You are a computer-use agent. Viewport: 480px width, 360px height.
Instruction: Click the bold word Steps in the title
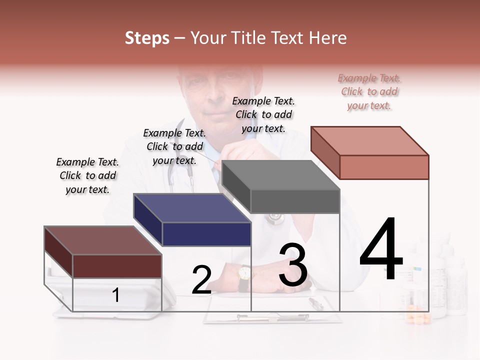[x=147, y=38]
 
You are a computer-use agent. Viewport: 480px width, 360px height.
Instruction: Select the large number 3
[x=293, y=265]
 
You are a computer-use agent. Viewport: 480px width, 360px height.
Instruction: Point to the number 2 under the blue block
[x=201, y=280]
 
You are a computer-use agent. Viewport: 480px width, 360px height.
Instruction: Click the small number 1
[x=115, y=295]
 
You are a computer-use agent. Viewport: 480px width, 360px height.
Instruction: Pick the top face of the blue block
[x=192, y=207]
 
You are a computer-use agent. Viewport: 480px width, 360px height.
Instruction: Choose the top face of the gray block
[x=281, y=175]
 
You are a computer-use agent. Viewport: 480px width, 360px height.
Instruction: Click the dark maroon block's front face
[x=117, y=265]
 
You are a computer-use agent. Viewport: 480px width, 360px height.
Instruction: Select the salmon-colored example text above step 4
[x=369, y=91]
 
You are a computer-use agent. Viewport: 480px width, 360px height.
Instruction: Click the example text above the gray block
[x=263, y=114]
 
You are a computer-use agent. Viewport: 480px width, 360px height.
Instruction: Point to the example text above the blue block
[x=174, y=146]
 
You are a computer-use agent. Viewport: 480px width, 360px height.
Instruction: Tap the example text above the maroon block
[x=87, y=175]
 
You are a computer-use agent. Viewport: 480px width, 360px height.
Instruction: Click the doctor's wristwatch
[x=244, y=273]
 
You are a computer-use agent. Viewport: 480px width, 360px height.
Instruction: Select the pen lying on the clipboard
[x=316, y=303]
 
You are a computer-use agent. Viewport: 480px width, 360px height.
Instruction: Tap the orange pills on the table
[x=417, y=317]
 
